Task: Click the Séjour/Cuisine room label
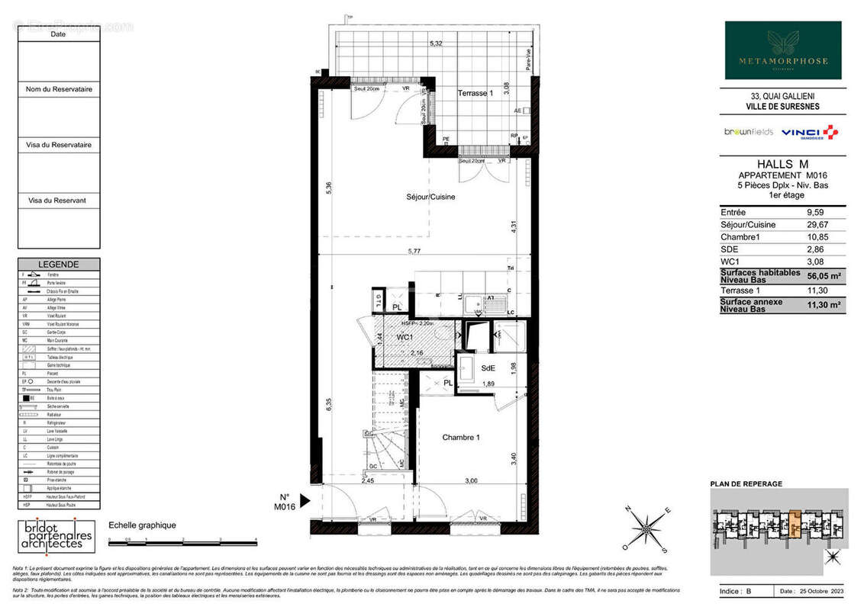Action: [x=430, y=197]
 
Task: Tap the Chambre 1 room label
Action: [x=461, y=437]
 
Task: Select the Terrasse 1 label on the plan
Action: [x=476, y=93]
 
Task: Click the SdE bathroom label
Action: [x=488, y=368]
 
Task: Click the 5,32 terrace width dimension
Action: [x=435, y=43]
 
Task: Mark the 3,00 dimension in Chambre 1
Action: [x=471, y=480]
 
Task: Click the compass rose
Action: [x=647, y=528]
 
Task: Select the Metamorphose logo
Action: [x=782, y=50]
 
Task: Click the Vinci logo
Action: [x=809, y=133]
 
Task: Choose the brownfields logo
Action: [x=748, y=132]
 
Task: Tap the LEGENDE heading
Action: [x=59, y=264]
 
